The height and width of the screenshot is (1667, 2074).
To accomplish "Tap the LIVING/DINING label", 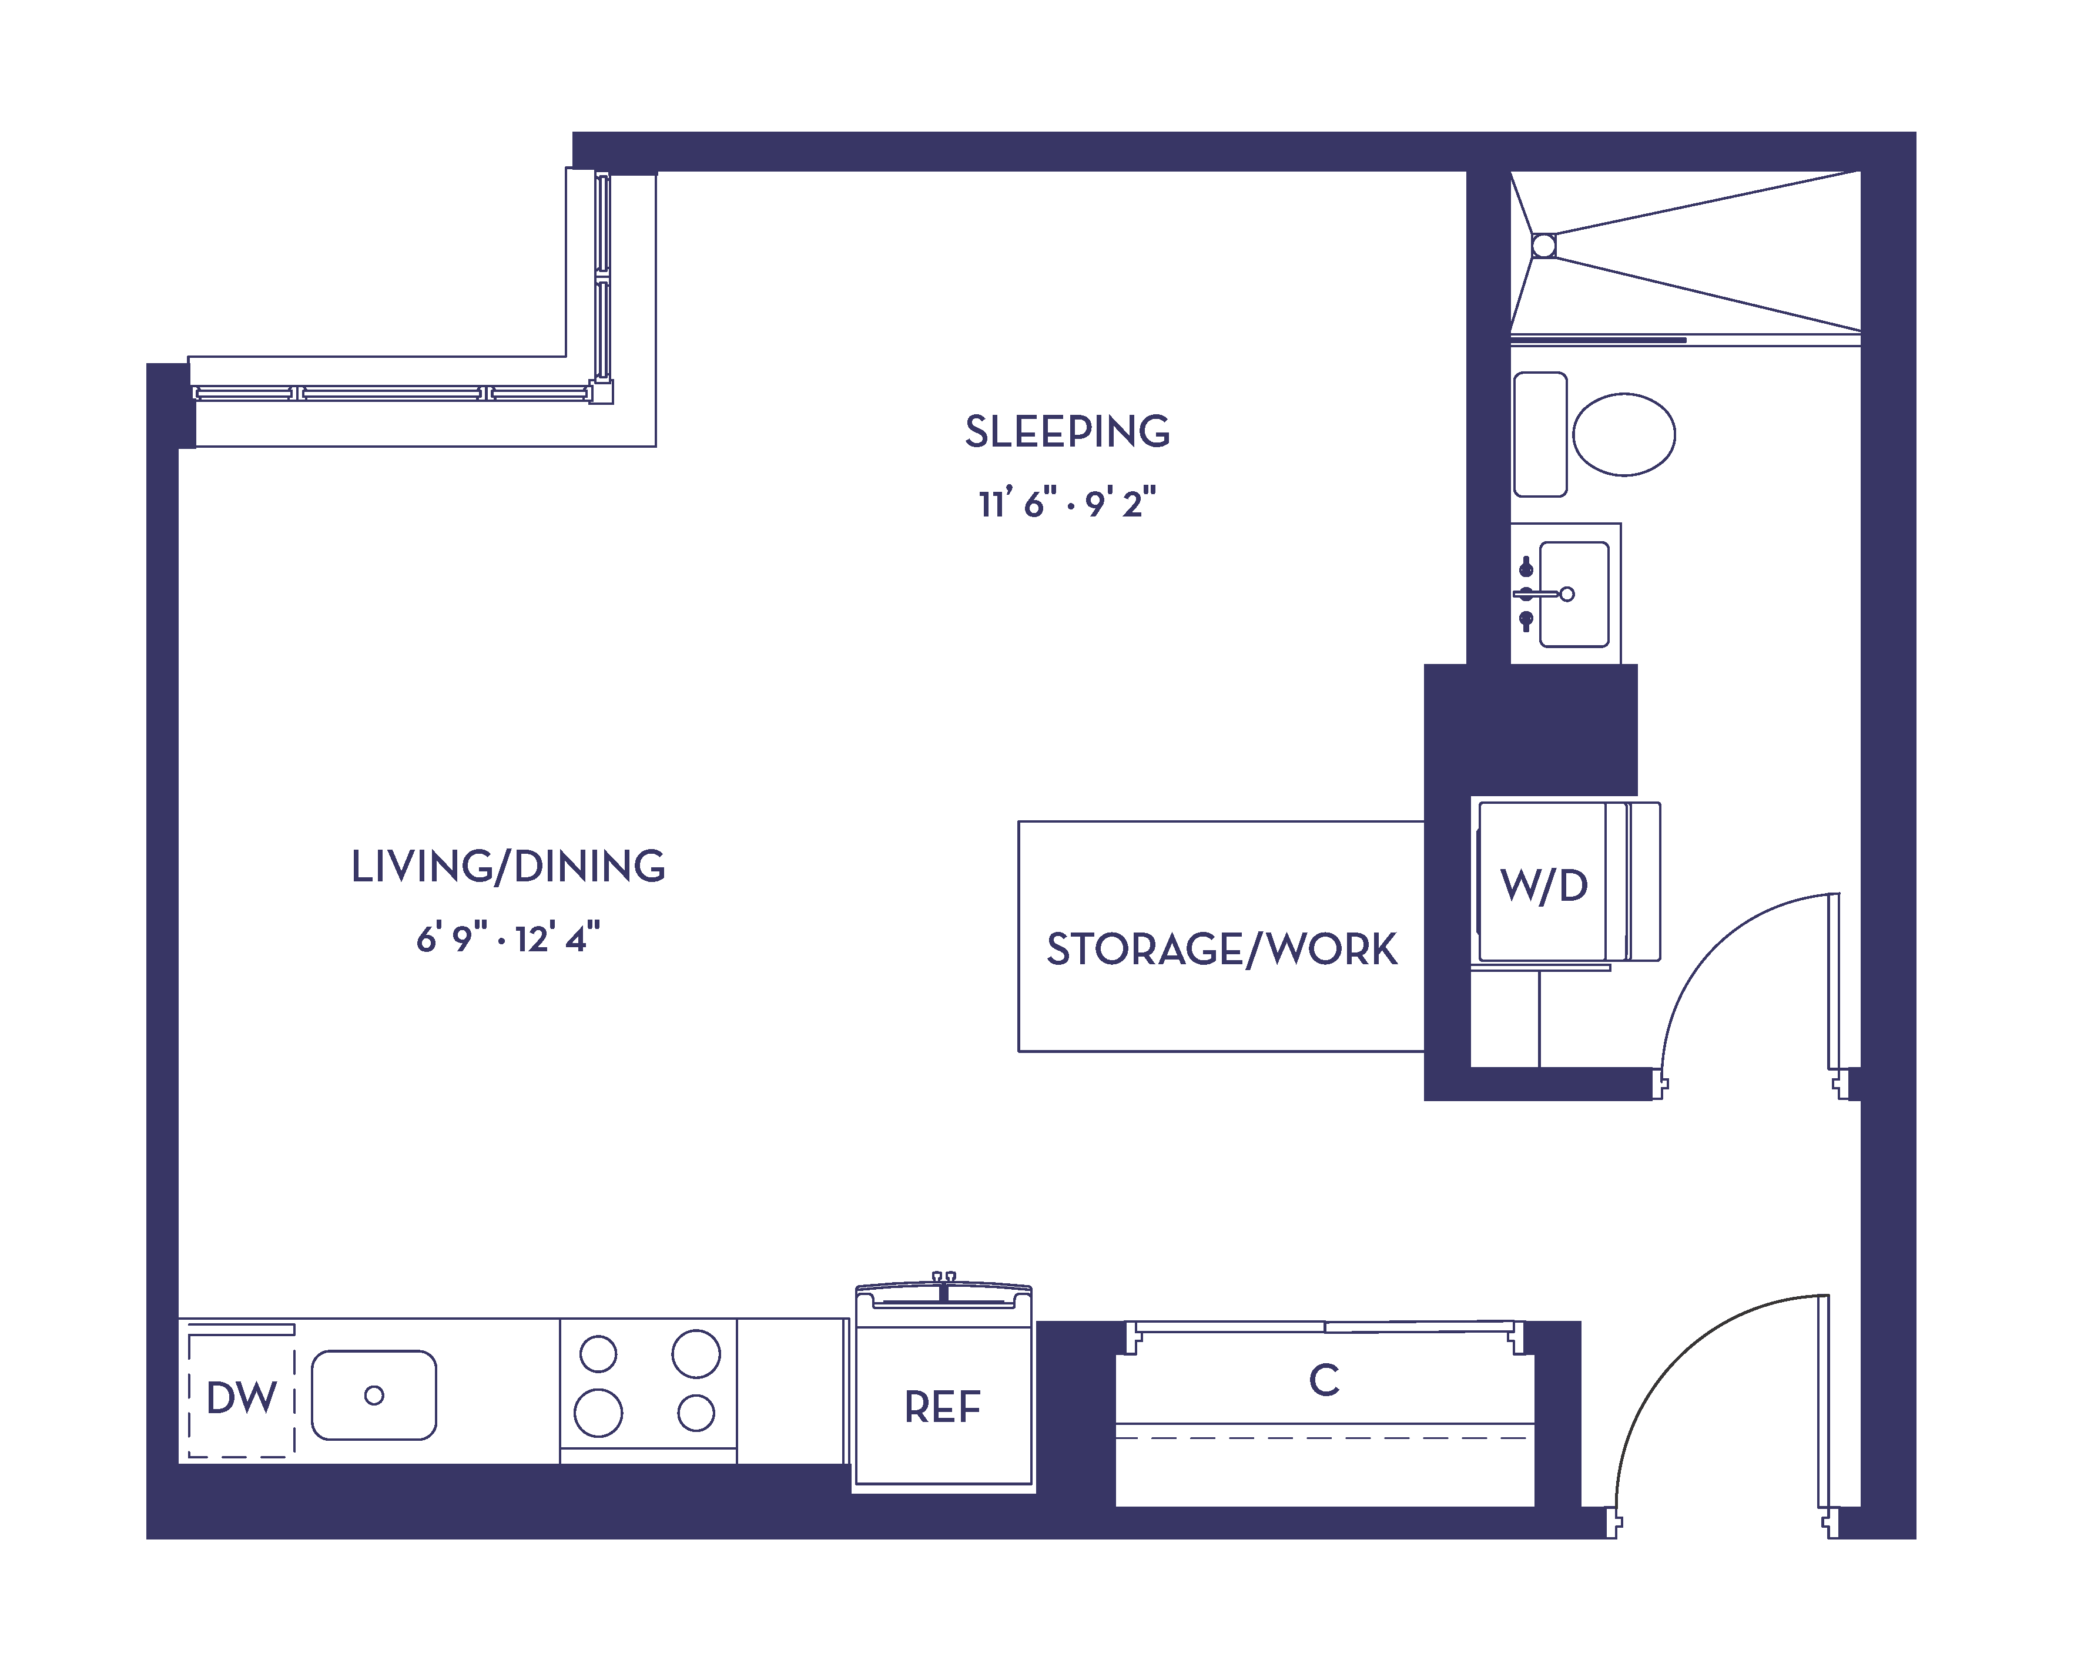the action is pyautogui.click(x=508, y=867).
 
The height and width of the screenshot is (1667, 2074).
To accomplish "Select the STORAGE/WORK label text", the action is pyautogui.click(x=1222, y=950).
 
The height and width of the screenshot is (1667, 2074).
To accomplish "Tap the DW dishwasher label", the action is pyautogui.click(x=242, y=1398).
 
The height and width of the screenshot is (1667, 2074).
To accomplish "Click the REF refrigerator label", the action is pyautogui.click(x=943, y=1407).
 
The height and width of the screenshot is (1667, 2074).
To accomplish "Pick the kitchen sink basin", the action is pyautogui.click(x=374, y=1395).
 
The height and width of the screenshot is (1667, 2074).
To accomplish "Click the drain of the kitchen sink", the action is pyautogui.click(x=374, y=1395).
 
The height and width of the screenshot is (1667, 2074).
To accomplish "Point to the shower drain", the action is pyautogui.click(x=1544, y=246).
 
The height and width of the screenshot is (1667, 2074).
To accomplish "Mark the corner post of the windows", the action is pyautogui.click(x=602, y=393).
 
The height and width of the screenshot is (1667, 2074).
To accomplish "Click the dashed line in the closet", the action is pyautogui.click(x=1324, y=1438).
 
